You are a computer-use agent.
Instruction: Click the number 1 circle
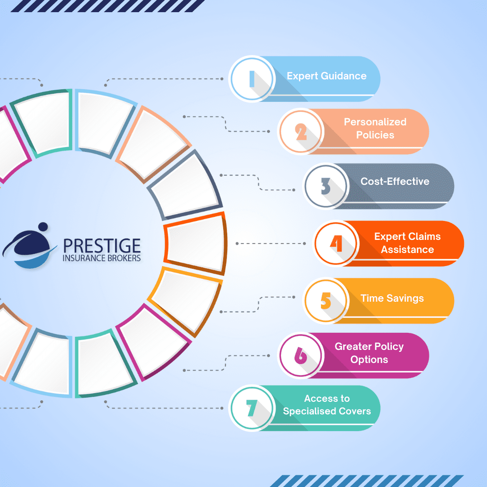pos(252,78)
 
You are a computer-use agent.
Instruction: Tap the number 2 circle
pos(300,131)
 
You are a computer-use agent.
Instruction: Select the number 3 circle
pos(326,186)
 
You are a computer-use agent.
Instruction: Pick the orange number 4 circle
pos(336,243)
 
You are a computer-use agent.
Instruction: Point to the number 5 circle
pos(326,300)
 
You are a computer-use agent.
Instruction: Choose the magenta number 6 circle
pos(300,355)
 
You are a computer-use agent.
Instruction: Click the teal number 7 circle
pos(252,408)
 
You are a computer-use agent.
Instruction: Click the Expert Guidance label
pos(326,76)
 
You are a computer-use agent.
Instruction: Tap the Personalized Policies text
pos(375,129)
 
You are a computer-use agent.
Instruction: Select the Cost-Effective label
pos(395,181)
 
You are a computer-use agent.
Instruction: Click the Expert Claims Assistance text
pos(407,243)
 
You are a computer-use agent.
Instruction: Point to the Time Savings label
pos(392,298)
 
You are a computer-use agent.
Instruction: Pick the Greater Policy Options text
pos(369,353)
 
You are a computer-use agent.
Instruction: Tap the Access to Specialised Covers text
pos(327,405)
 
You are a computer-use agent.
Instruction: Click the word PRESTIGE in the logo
pos(101,246)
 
